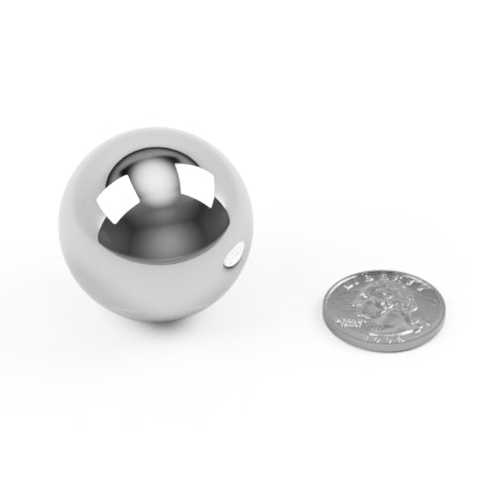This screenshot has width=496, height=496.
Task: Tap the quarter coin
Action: (x=383, y=310)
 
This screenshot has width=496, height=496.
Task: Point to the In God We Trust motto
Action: (x=349, y=319)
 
